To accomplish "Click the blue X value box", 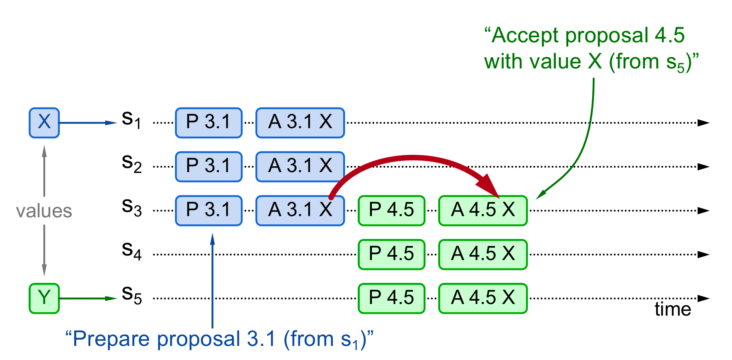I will tap(44, 123).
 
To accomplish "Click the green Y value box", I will tap(44, 298).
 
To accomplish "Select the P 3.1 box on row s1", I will tap(208, 123).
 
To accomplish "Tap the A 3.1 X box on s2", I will tap(300, 167).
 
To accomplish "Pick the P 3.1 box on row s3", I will tap(208, 211).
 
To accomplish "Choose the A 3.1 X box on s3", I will tap(300, 211).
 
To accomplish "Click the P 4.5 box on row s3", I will tap(391, 211).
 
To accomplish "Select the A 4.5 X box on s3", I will tap(483, 211).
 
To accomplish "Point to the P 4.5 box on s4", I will tap(391, 255).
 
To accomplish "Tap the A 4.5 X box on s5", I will tap(483, 298).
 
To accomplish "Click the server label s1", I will tap(131, 120).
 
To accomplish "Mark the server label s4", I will tap(131, 251).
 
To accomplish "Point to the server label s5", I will tap(131, 295).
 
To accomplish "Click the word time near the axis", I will tap(673, 310).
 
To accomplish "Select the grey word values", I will tap(44, 211).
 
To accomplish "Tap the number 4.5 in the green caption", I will tap(669, 36).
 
